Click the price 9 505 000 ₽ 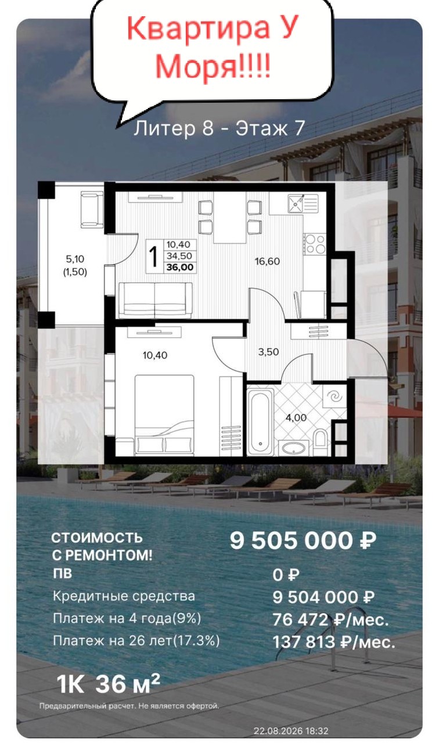[303, 540]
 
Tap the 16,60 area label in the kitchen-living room [267, 261]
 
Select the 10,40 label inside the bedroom [155, 355]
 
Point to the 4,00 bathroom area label [296, 417]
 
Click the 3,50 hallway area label [268, 352]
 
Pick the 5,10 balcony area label [75, 259]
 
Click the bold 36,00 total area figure [180, 268]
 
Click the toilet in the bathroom [321, 438]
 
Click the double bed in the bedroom [164, 414]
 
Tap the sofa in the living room [155, 300]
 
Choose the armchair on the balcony [92, 210]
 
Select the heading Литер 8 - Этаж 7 [219, 128]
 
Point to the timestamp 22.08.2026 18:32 [291, 731]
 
